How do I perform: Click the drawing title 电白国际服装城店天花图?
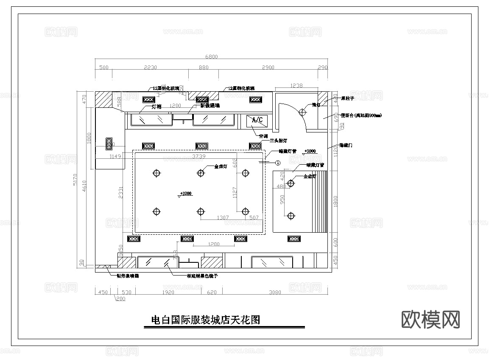click(206, 320)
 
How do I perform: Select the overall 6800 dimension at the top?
click(211, 57)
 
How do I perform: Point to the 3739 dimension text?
click(199, 157)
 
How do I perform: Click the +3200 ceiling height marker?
click(185, 194)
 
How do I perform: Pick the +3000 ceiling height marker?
click(310, 151)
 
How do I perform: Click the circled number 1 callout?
click(278, 162)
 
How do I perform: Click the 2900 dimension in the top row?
click(268, 67)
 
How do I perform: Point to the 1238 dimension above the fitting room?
click(296, 86)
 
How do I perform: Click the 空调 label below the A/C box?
click(263, 136)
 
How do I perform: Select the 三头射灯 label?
click(279, 140)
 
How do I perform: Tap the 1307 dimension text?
click(223, 218)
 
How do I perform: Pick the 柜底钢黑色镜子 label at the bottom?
click(202, 276)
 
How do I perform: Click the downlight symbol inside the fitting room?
click(302, 112)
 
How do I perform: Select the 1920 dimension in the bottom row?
click(168, 292)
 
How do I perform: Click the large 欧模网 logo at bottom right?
click(430, 319)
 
